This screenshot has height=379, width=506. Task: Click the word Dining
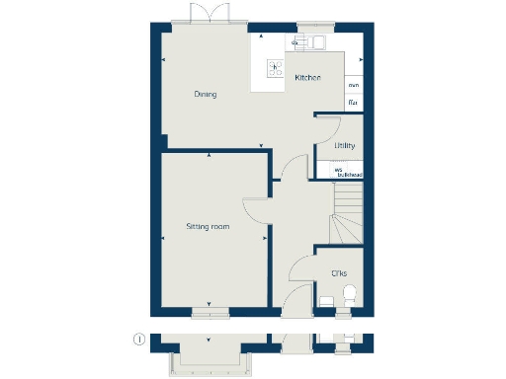click(206, 95)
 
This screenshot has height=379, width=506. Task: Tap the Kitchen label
click(307, 77)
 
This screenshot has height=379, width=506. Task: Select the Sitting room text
click(208, 227)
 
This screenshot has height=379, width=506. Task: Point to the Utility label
click(344, 146)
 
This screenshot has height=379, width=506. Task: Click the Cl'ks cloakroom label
click(338, 271)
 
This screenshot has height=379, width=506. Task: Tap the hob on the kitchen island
click(276, 68)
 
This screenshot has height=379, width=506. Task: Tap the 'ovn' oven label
click(353, 86)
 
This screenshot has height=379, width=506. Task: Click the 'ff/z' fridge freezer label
click(353, 103)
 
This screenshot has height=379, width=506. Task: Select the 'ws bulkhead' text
click(348, 172)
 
